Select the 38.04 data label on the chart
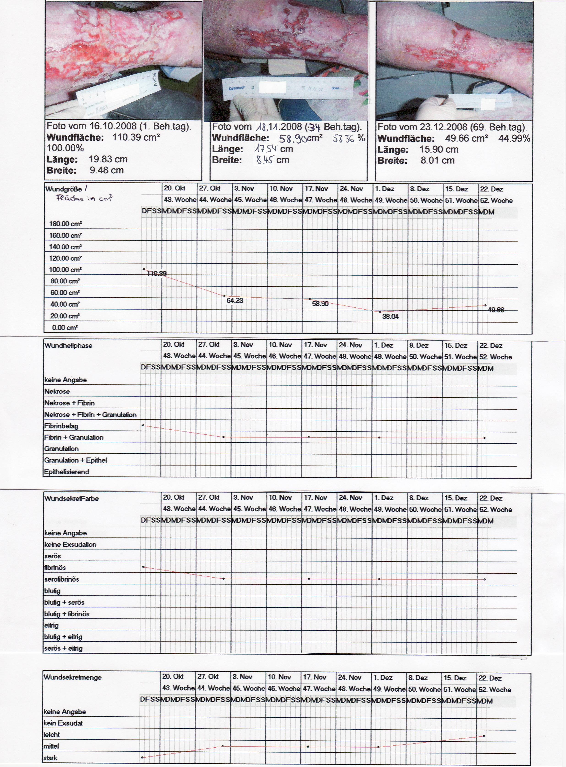click(x=390, y=317)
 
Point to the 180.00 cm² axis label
click(x=65, y=224)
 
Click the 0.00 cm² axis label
click(x=65, y=328)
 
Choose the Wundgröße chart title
click(x=63, y=189)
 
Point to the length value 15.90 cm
click(x=439, y=149)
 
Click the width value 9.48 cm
click(x=106, y=170)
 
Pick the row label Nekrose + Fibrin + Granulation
click(x=90, y=415)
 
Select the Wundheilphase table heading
click(x=68, y=345)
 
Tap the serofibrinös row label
click(x=62, y=579)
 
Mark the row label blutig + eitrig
click(x=63, y=637)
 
